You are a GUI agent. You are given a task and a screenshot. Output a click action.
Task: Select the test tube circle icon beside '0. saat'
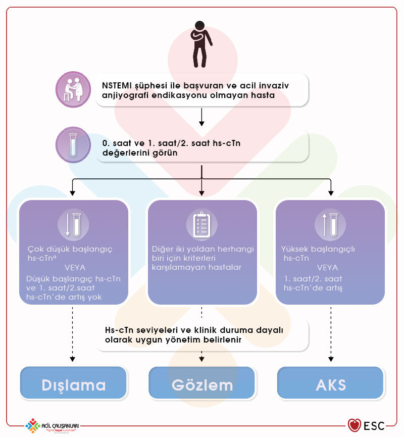pos(73,145)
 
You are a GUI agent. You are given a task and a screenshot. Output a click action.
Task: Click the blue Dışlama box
pos(73,384)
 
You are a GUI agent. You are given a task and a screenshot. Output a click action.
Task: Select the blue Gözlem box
pos(202,384)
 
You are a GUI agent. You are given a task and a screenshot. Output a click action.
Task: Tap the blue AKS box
pos(331,384)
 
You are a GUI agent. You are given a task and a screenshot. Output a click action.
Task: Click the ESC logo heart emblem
pos(354,425)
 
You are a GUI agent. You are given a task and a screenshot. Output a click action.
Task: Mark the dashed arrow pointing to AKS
pos(331,333)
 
